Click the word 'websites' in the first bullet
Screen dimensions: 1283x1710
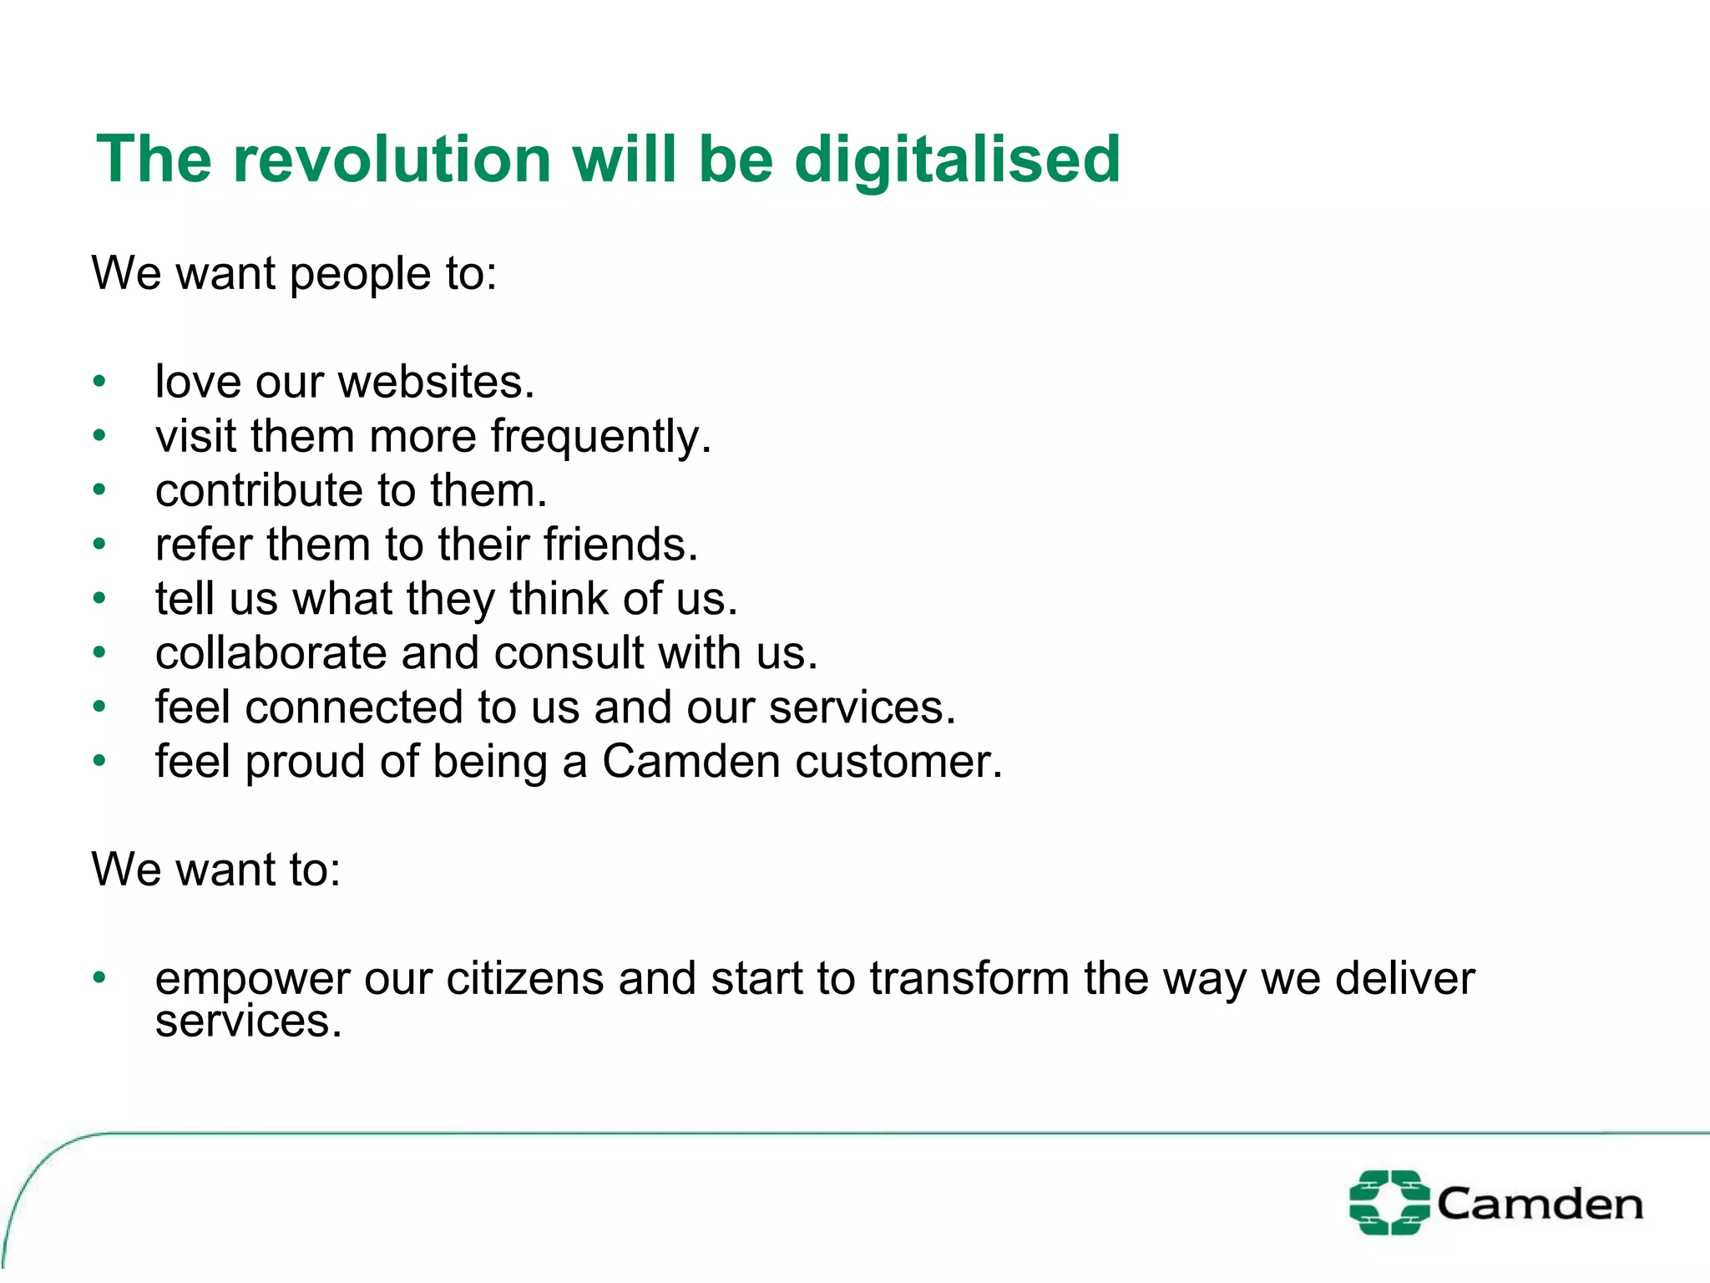pyautogui.click(x=436, y=383)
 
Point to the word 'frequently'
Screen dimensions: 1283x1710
pyautogui.click(x=600, y=437)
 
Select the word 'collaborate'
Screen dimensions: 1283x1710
pyautogui.click(x=271, y=653)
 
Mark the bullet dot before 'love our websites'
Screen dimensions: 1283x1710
pyautogui.click(x=99, y=383)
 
